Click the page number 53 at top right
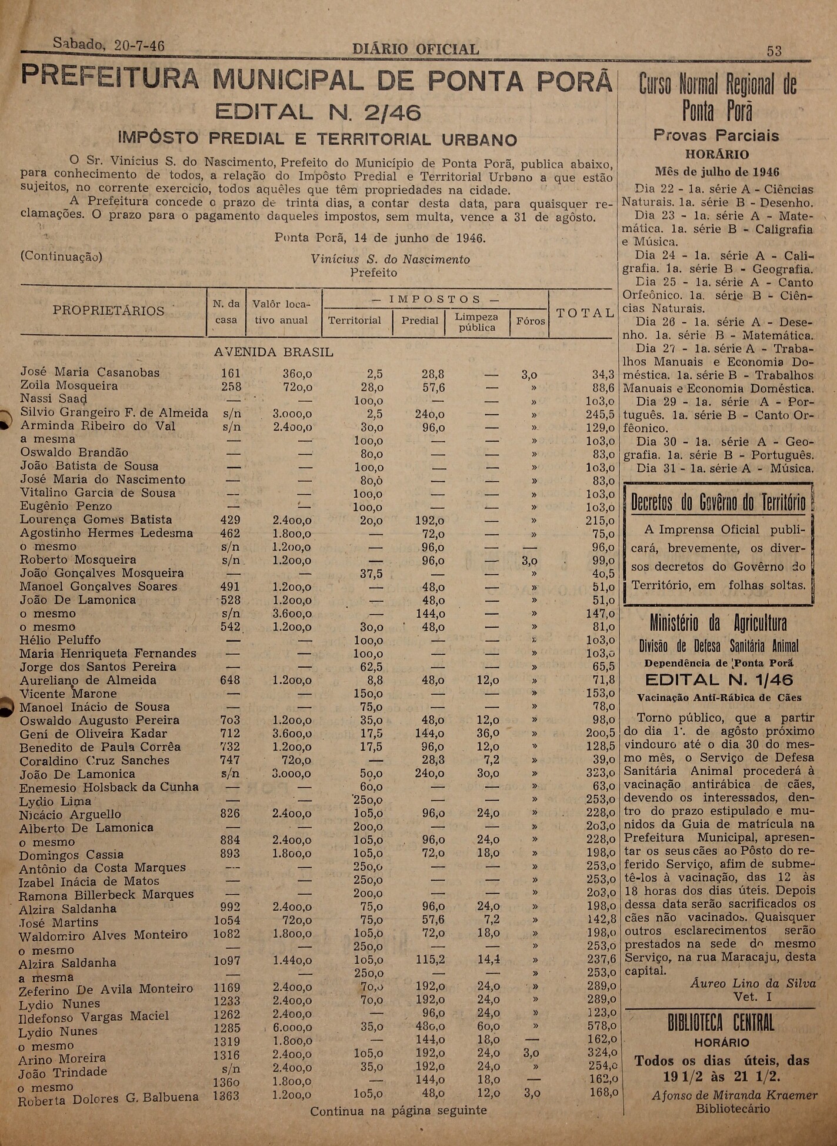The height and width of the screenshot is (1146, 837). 774,51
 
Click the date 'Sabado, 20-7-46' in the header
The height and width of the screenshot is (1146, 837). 108,45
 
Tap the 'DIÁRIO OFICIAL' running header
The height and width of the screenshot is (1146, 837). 415,49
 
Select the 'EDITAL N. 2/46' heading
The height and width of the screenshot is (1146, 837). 318,112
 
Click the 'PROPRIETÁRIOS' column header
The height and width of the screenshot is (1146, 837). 109,311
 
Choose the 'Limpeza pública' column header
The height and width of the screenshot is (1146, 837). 477,322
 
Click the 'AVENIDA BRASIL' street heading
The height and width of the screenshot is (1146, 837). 274,352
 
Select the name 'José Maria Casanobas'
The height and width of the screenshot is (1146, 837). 90,372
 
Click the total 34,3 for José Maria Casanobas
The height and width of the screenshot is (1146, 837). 603,375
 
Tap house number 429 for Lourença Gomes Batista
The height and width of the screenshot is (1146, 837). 230,520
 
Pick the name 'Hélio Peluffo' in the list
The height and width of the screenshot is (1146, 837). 60,640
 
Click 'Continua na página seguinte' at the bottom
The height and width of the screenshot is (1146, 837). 398,1111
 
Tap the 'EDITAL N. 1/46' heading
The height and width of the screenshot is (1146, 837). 719,680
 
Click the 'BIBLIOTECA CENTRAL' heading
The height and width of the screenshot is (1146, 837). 721,1024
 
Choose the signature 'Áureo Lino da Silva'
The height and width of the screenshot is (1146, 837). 753,984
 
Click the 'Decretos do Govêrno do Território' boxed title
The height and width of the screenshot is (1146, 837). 718,503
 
